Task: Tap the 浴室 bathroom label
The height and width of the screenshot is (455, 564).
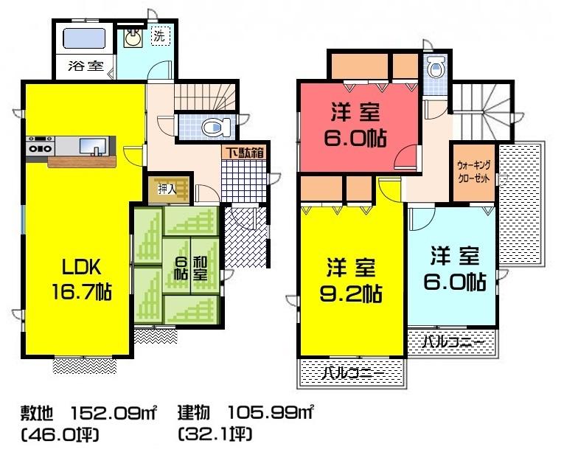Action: pyautogui.click(x=86, y=66)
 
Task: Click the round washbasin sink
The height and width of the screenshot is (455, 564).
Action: pyautogui.click(x=133, y=38)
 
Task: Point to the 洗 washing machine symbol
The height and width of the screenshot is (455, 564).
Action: pyautogui.click(x=159, y=35)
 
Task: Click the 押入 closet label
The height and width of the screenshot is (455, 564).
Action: pyautogui.click(x=167, y=190)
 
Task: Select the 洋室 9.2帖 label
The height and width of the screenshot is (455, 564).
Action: pyautogui.click(x=352, y=280)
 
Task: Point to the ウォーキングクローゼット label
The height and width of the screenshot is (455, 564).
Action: pyautogui.click(x=473, y=173)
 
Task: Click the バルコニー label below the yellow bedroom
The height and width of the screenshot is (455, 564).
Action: pyautogui.click(x=352, y=374)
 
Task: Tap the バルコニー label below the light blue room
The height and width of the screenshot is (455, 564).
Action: pyautogui.click(x=453, y=342)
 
